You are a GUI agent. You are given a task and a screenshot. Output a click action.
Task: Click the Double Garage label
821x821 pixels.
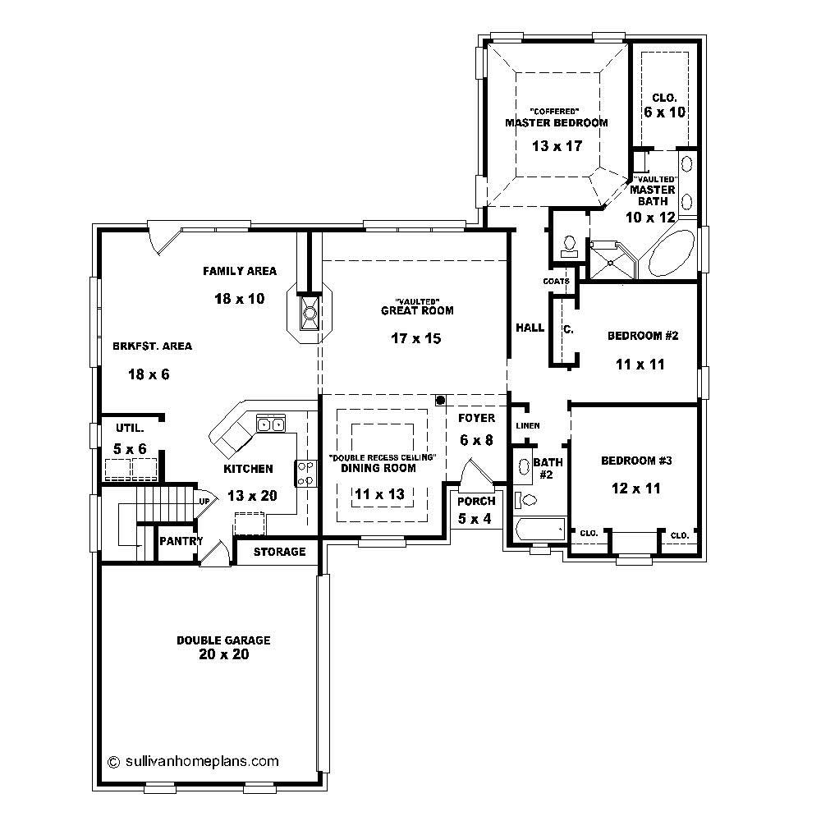point(223,640)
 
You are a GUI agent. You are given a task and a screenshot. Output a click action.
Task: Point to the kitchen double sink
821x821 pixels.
point(270,424)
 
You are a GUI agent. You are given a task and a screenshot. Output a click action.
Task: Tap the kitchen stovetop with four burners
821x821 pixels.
point(306,473)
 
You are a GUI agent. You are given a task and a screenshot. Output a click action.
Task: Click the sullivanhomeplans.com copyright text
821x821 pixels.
point(193,760)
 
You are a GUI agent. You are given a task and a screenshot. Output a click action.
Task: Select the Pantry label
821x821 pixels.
point(181,541)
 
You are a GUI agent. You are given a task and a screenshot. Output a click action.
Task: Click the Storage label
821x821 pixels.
point(279,552)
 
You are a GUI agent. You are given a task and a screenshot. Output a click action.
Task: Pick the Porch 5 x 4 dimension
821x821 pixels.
point(476,518)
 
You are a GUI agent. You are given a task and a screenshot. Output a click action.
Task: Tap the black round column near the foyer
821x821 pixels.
point(441,401)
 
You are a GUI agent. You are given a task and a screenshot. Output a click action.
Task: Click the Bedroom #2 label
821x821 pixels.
point(643,336)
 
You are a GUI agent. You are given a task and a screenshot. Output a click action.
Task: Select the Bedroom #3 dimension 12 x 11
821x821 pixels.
point(636,488)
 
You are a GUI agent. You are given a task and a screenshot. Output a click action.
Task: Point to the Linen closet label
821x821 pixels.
point(527,426)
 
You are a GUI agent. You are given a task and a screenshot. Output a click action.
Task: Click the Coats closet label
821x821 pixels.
point(556,281)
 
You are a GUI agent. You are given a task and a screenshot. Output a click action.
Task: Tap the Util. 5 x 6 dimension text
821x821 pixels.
point(130,449)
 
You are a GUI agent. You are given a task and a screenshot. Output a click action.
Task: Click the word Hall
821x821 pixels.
point(530,328)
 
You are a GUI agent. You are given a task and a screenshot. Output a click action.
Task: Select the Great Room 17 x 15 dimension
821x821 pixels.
point(416,338)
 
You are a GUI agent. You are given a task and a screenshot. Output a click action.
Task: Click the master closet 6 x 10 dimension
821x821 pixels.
point(664,112)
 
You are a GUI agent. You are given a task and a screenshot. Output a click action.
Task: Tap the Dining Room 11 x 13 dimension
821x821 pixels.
point(380,493)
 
